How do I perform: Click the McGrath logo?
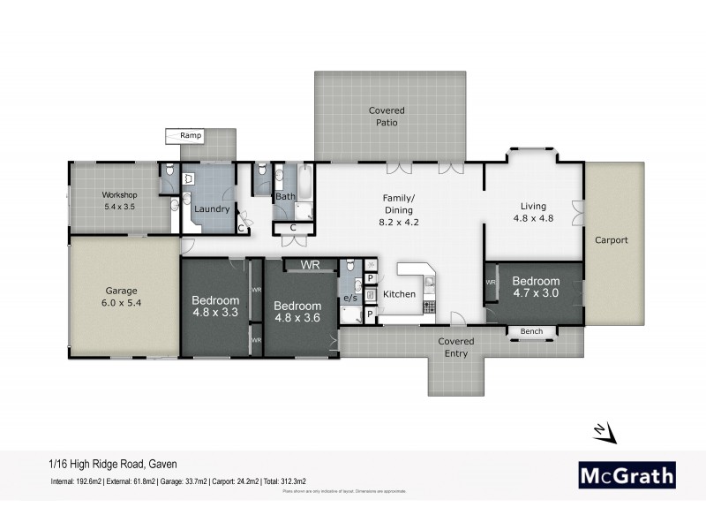click(x=627, y=474)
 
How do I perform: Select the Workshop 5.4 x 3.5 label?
click(x=120, y=200)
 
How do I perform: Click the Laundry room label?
click(x=212, y=209)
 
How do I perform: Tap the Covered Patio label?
click(x=387, y=117)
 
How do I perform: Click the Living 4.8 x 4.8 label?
click(x=533, y=211)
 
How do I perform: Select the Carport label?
click(x=611, y=239)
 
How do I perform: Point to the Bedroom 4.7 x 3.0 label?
click(x=536, y=287)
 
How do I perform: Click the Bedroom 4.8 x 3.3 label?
click(x=215, y=305)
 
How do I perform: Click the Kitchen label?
click(x=399, y=294)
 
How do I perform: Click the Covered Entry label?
click(x=456, y=347)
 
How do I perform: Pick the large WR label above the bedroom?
click(x=310, y=264)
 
